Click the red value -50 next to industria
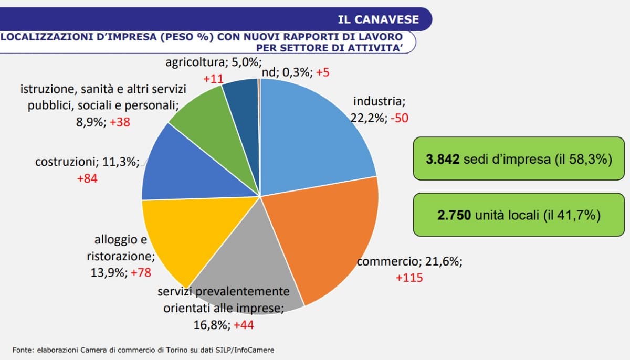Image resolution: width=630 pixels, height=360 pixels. (399, 118)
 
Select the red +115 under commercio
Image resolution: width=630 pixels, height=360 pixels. (409, 278)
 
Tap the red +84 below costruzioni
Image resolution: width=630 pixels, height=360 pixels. (87, 178)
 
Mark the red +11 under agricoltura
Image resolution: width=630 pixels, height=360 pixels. (214, 79)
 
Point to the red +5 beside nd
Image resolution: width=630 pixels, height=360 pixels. (323, 72)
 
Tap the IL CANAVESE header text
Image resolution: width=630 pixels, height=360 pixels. (379, 19)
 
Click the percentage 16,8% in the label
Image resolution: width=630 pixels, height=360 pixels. (212, 325)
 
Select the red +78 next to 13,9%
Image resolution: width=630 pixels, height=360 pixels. (141, 273)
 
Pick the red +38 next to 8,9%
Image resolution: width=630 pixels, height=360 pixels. (120, 122)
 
